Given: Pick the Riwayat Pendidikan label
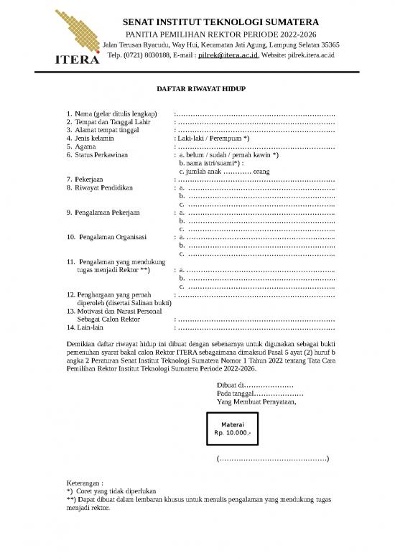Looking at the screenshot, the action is coord(105,188).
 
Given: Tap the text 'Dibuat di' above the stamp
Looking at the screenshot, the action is coord(230,385).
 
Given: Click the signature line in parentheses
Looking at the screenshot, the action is coord(272,459).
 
